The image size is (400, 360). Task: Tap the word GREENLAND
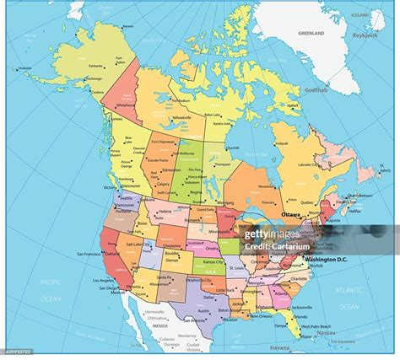pyautogui.click(x=311, y=32)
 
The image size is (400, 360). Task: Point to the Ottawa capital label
pyautogui.click(x=290, y=214)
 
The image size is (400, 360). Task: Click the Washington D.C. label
pyautogui.click(x=331, y=257)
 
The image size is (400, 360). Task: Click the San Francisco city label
pyautogui.click(x=90, y=254)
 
